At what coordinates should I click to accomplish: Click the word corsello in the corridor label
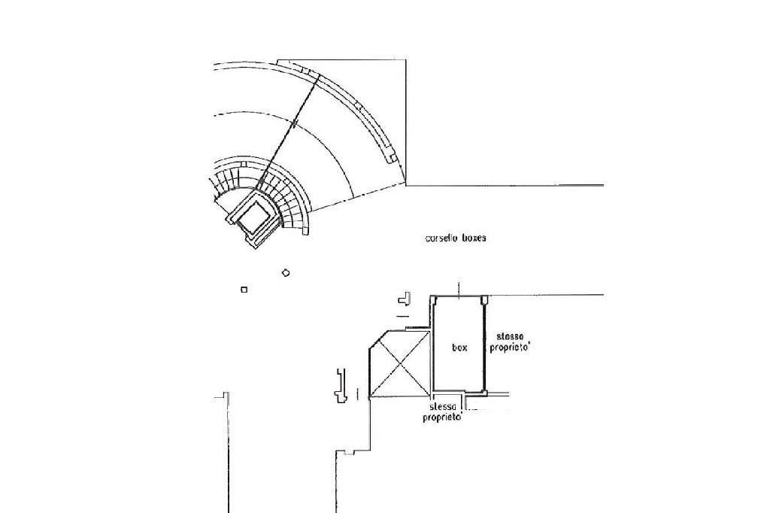pyautogui.click(x=441, y=238)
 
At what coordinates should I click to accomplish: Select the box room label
pyautogui.click(x=459, y=348)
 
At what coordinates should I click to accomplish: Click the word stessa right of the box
pyautogui.click(x=510, y=336)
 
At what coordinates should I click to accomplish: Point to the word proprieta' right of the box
pyautogui.click(x=510, y=348)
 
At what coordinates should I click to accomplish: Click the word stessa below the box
pyautogui.click(x=442, y=407)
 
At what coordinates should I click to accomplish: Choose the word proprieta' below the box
pyautogui.click(x=442, y=417)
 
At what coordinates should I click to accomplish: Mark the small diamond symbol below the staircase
pyautogui.click(x=286, y=273)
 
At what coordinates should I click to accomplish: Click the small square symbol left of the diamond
pyautogui.click(x=244, y=290)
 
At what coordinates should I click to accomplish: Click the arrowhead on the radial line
pyautogui.click(x=294, y=123)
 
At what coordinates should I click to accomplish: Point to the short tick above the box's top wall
pyautogui.click(x=459, y=290)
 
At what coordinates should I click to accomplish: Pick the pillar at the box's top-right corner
pyautogui.click(x=484, y=299)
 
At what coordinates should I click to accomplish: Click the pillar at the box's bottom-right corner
pyautogui.click(x=484, y=392)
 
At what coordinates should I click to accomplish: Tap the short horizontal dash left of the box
pyautogui.click(x=403, y=316)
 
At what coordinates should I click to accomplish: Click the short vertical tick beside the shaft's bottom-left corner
pyautogui.click(x=357, y=393)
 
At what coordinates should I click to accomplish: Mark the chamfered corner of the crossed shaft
pyautogui.click(x=379, y=340)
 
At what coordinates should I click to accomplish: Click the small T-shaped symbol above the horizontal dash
pyautogui.click(x=405, y=299)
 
